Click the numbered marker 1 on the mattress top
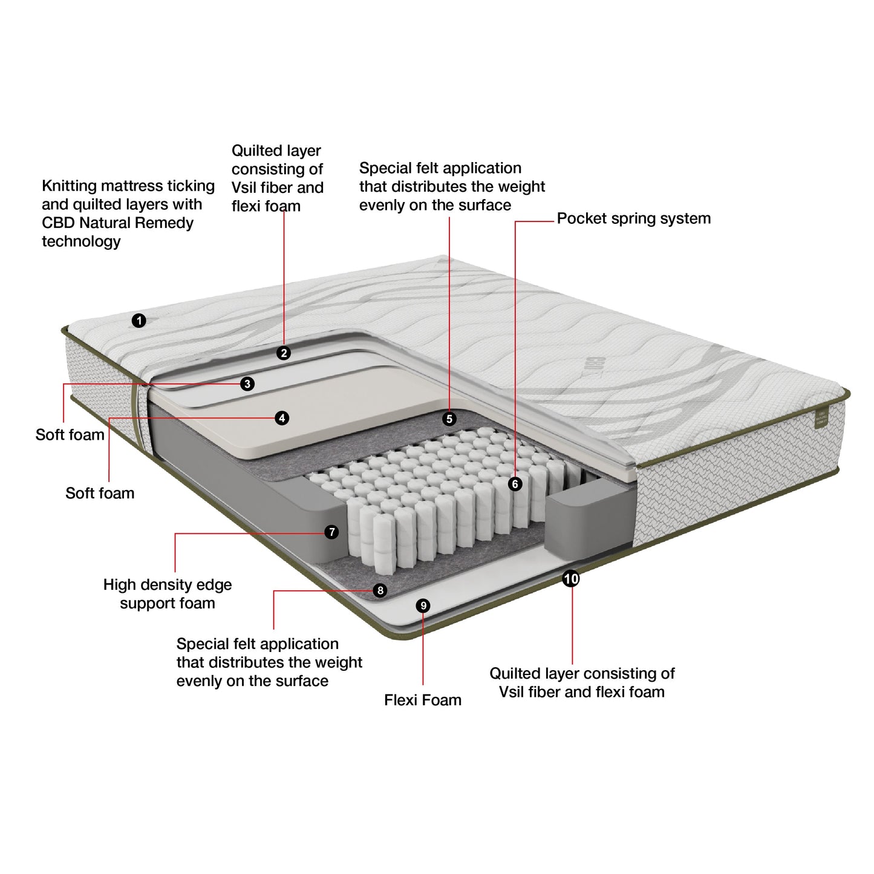point(139,321)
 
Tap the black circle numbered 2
point(284,353)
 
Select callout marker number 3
point(247,384)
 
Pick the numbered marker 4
point(281,418)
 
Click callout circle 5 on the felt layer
point(449,419)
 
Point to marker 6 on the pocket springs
point(515,484)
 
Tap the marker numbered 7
point(331,532)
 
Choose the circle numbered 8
point(380,590)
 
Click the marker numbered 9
point(423,605)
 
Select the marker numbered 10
point(571,579)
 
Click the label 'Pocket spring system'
point(633,218)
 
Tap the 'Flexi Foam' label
point(422,700)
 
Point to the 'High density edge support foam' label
point(168,594)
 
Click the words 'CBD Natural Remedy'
point(117,223)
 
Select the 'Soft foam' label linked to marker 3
point(70,435)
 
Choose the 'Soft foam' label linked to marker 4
point(100,493)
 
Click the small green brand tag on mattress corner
point(821,418)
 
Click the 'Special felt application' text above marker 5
point(440,168)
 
